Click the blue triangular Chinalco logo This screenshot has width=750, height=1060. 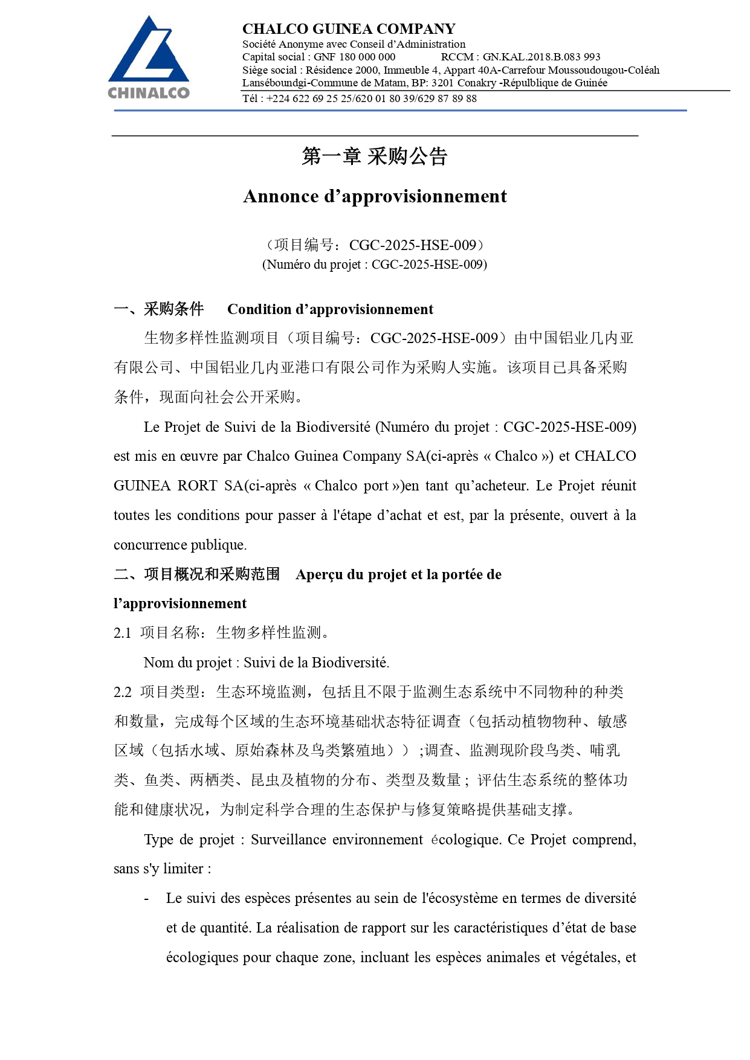[x=148, y=51]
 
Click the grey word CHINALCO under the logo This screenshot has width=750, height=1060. [x=149, y=93]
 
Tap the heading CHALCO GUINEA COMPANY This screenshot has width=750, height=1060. [x=349, y=29]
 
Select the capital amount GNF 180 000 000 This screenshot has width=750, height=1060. [x=354, y=57]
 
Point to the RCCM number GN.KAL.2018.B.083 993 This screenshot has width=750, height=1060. [x=541, y=57]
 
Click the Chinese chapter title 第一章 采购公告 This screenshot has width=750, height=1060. [x=375, y=156]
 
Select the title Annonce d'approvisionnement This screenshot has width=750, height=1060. [x=375, y=196]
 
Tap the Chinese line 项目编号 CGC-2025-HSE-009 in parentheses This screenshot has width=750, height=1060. [x=375, y=245]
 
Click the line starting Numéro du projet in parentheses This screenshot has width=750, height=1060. [x=375, y=265]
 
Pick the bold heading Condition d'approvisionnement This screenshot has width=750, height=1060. [x=330, y=309]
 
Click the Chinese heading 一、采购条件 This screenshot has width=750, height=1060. [x=159, y=309]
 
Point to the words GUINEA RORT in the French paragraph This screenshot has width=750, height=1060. [x=165, y=486]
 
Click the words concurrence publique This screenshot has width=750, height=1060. [x=180, y=545]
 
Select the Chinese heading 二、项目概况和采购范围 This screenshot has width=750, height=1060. [x=197, y=574]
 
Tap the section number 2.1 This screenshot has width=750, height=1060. [x=122, y=633]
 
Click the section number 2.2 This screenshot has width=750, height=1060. [x=122, y=692]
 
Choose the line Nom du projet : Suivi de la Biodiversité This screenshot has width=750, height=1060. [x=266, y=663]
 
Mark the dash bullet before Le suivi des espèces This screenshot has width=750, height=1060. [x=146, y=899]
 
